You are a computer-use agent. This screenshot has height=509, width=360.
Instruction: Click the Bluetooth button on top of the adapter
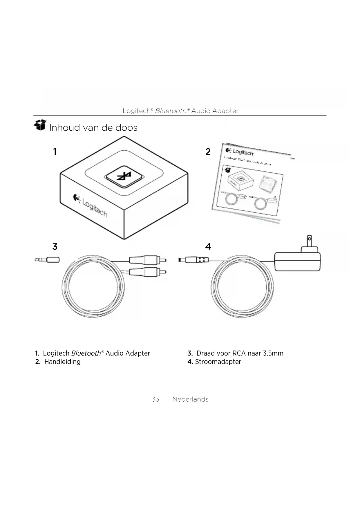point(124,176)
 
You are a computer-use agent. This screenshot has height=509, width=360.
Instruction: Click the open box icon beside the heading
point(40,125)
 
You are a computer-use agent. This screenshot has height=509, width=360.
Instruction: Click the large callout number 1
point(55,151)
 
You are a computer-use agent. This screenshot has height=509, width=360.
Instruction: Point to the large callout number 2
point(208,151)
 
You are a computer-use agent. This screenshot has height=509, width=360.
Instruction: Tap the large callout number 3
point(55,247)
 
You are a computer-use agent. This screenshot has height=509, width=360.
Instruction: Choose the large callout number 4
point(208,247)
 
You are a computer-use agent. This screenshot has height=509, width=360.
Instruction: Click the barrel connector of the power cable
point(193,259)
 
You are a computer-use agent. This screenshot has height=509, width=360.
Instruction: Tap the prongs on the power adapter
point(310,241)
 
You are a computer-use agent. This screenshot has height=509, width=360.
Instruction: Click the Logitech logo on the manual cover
point(240,151)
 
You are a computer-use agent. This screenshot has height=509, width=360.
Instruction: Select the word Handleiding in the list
point(62,362)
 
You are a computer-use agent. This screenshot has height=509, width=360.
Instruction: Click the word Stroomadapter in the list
point(218,362)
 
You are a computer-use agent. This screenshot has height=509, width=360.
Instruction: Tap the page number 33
point(155,399)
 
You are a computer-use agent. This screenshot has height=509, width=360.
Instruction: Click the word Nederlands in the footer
point(190,399)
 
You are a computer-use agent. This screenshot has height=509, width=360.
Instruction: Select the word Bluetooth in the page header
point(171,111)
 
